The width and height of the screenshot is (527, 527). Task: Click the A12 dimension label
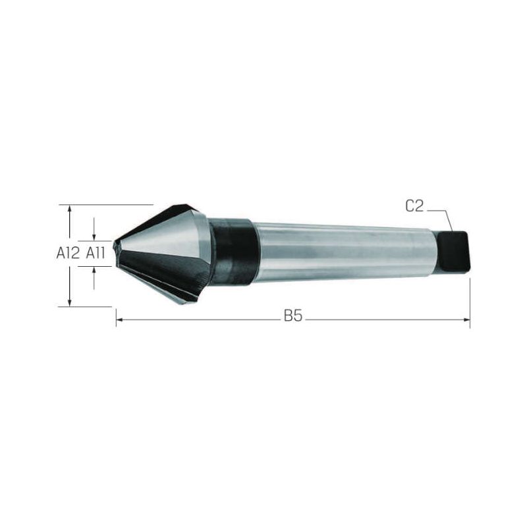click(69, 253)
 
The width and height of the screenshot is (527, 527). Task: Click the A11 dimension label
click(96, 253)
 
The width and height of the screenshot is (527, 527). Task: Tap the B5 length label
click(293, 316)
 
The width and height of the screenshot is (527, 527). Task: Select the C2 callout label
click(415, 206)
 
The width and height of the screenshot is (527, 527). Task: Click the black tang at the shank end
click(453, 252)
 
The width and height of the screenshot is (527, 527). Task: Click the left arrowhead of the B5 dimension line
click(119, 319)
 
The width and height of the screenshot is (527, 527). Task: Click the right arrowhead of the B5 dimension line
click(467, 319)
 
